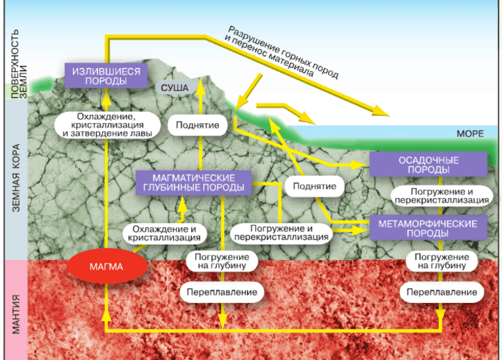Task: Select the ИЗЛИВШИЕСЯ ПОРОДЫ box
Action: pyautogui.click(x=103, y=76)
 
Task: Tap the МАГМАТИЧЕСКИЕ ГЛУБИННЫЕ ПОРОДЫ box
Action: pyautogui.click(x=193, y=182)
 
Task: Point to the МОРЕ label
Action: pyautogui.click(x=469, y=133)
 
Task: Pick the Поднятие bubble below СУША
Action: pyautogui.click(x=198, y=126)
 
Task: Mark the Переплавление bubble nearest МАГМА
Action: pyautogui.click(x=222, y=292)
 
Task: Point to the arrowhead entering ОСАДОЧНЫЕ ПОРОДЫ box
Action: pyautogui.click(x=363, y=165)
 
